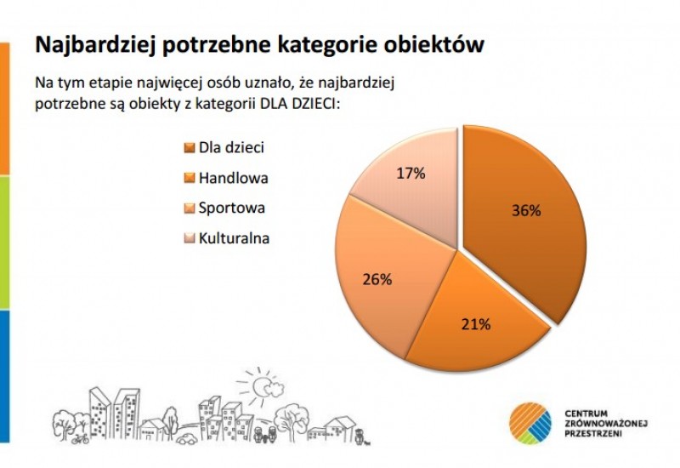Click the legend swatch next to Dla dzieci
(189, 148)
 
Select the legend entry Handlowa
(233, 178)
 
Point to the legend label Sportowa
(231, 208)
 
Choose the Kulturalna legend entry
(235, 238)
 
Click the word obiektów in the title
(434, 44)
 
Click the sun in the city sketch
(259, 386)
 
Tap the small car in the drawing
(187, 438)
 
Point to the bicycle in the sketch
(81, 439)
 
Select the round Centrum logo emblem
(530, 424)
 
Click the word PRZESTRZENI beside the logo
(593, 434)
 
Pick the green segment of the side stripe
(4, 243)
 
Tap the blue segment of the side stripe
(4, 376)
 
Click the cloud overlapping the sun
(273, 389)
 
